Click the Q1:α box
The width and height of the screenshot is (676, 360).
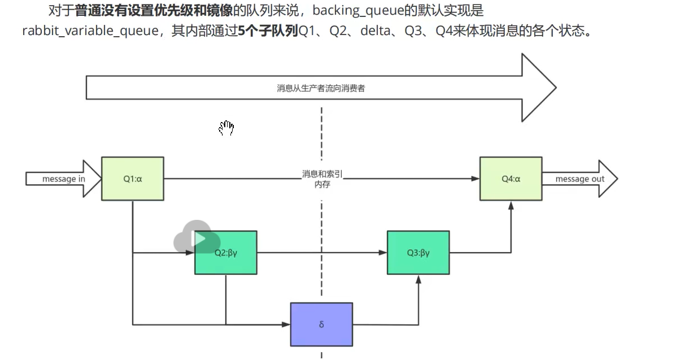(133, 179)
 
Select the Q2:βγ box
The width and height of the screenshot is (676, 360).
(226, 253)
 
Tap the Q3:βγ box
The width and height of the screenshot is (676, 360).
(418, 253)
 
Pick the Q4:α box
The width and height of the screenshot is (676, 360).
(511, 179)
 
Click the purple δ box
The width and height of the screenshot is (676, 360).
(321, 324)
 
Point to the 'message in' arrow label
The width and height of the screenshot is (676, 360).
(64, 179)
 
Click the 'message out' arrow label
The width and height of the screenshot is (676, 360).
(580, 179)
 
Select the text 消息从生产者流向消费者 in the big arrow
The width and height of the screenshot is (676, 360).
(321, 88)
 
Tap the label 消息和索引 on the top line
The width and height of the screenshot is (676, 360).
(322, 174)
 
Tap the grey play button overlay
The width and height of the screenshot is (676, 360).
(197, 237)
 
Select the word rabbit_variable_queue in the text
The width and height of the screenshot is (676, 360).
(90, 31)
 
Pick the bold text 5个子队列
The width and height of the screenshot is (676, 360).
(268, 31)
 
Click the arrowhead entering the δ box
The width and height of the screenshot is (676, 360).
(286, 324)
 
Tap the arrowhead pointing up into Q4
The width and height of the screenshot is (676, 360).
(511, 205)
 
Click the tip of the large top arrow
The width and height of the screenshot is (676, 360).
(556, 88)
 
